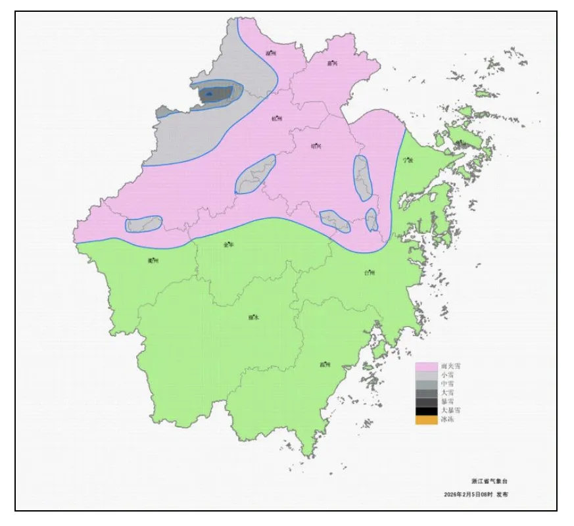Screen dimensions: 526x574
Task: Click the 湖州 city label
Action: [x=271, y=53]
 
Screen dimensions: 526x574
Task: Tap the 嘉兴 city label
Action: [x=332, y=64]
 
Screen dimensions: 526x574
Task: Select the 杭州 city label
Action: [x=276, y=119]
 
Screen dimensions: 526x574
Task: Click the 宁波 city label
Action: [x=408, y=160]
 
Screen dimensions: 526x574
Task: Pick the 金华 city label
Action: [x=228, y=245]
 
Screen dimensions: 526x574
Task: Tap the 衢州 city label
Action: [x=153, y=260]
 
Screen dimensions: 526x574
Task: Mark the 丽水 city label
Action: [x=253, y=317]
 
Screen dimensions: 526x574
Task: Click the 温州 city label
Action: [x=324, y=364]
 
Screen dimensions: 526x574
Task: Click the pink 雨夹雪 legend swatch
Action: [x=426, y=366]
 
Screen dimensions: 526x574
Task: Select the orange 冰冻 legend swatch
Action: [x=426, y=420]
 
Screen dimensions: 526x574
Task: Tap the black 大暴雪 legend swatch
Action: [x=426, y=411]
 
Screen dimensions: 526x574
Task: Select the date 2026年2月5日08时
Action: [x=467, y=494]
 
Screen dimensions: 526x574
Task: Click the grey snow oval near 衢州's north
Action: [x=143, y=224]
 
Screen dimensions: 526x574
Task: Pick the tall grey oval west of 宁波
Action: [x=362, y=178]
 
